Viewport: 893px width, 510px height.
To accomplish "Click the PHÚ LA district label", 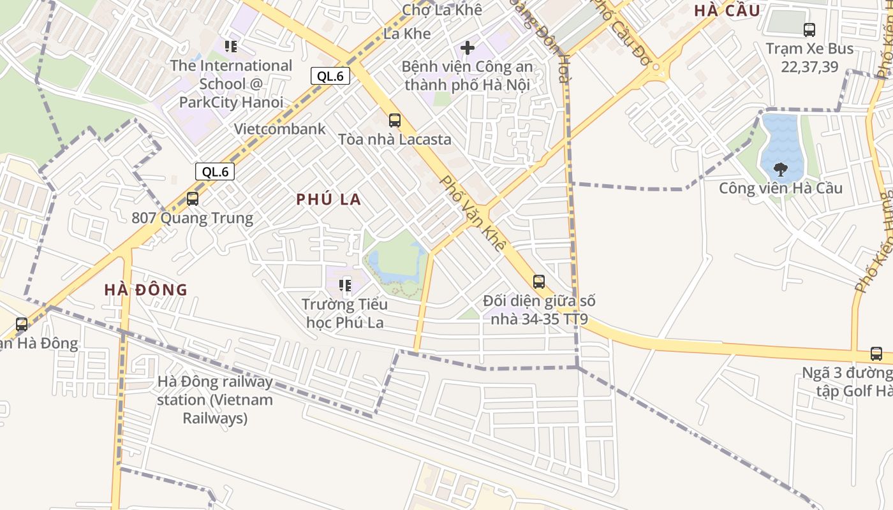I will (x=328, y=200).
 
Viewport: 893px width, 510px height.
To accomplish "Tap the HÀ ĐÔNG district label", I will (x=146, y=290).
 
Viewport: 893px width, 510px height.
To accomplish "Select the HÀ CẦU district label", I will (x=727, y=11).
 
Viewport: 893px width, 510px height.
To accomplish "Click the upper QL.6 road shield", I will (x=330, y=76).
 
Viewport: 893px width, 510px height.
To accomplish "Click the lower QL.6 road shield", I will (x=215, y=171).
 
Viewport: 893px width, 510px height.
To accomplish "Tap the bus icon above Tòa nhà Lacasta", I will (x=395, y=120).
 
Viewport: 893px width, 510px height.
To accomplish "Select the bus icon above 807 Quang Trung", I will (x=193, y=198).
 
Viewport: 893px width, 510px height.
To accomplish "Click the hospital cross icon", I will (x=468, y=48).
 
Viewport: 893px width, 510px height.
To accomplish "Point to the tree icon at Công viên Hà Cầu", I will (x=780, y=169).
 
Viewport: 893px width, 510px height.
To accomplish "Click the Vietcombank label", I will (x=279, y=129).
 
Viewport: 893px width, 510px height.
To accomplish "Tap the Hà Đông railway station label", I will (x=215, y=400).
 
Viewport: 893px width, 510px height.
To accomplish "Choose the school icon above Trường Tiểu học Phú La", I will (x=345, y=285).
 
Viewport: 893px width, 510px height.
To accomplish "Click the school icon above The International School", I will (x=231, y=46).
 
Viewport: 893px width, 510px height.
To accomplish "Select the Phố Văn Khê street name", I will (x=473, y=213).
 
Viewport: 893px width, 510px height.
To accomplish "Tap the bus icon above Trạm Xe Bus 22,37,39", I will (x=809, y=29).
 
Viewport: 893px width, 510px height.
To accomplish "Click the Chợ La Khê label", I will (x=441, y=10).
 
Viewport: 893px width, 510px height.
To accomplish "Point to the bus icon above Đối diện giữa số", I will (x=539, y=281).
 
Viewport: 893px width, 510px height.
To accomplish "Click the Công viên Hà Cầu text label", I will (x=780, y=189).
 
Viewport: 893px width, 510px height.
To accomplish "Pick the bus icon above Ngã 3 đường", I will (x=876, y=354).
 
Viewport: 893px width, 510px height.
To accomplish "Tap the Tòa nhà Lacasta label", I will (x=394, y=139).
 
